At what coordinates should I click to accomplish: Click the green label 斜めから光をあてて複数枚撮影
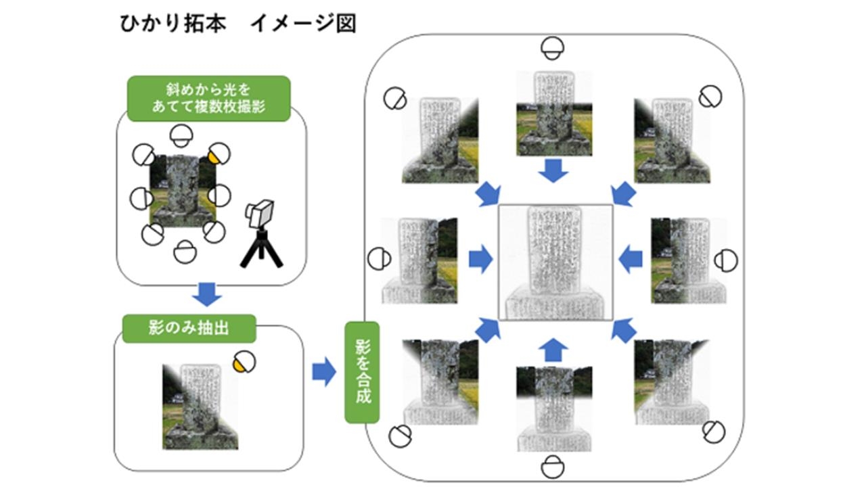208,98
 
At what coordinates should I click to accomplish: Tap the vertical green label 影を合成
363,372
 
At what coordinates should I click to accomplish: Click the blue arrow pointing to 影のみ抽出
207,294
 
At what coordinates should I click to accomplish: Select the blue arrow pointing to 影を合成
325,372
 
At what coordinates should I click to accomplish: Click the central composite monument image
555,262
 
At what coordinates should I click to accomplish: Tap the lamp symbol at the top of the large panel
553,48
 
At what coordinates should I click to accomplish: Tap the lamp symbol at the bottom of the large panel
553,467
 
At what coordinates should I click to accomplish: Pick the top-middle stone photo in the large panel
555,114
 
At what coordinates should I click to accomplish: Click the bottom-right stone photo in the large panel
672,382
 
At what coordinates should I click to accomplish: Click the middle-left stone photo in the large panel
419,260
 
